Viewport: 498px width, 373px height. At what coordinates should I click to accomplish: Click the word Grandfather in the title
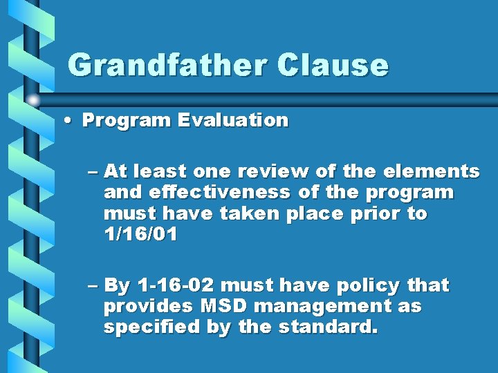coord(166,66)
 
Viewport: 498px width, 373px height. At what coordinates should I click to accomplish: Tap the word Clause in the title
coord(333,66)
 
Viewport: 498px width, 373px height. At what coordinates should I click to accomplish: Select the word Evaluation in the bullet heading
coord(232,120)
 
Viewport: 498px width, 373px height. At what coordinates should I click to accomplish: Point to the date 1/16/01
coord(140,235)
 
